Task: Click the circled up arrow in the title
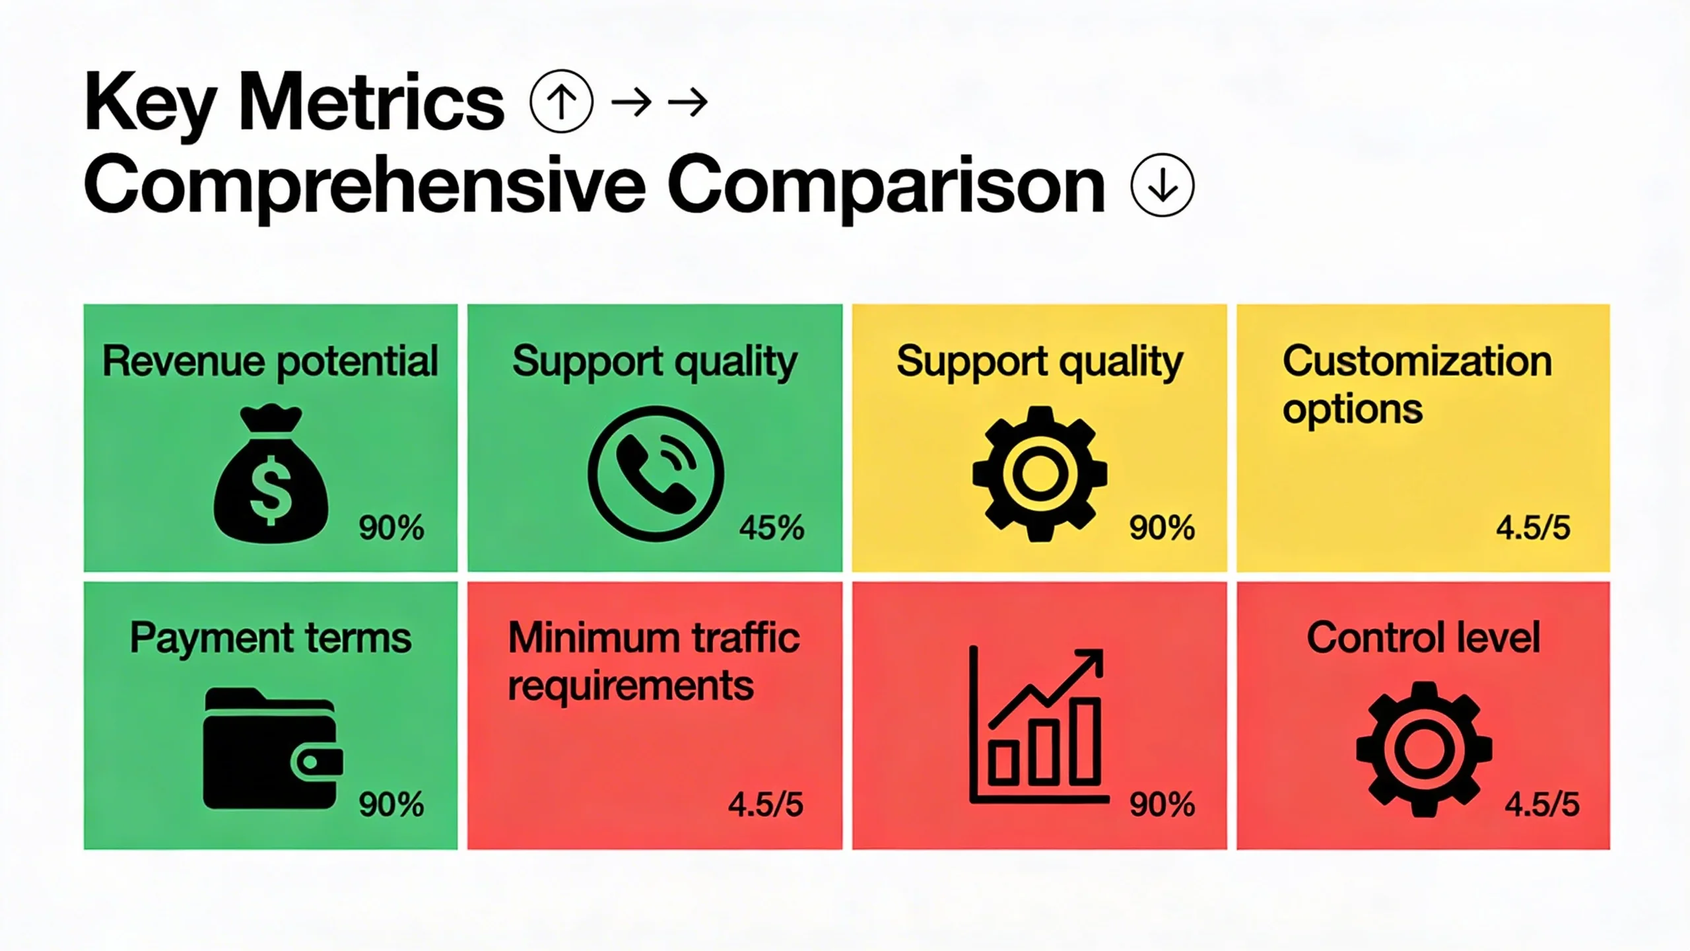(561, 101)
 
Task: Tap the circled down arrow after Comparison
(1162, 185)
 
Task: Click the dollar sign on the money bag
(271, 489)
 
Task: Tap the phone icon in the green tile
(655, 474)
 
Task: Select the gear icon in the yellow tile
(1039, 474)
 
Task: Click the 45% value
(772, 528)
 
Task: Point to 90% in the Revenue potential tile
(391, 528)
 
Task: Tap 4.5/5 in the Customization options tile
(1533, 528)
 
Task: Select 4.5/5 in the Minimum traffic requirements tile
(766, 804)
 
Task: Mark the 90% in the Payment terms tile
(391, 804)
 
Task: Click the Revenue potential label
(270, 361)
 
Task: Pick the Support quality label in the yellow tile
(1039, 361)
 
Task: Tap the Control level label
(1423, 638)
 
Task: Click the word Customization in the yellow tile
(1417, 361)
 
